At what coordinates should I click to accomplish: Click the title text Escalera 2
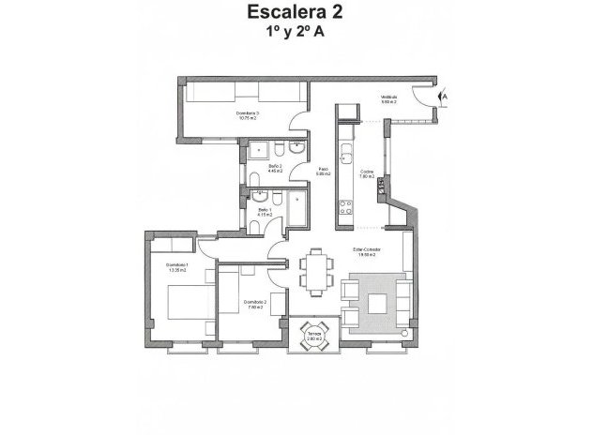point(296,13)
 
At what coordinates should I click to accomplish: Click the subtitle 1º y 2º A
point(296,34)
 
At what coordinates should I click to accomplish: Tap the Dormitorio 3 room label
point(249,117)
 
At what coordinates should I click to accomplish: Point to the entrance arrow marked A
point(445,96)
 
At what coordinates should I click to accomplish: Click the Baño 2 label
point(275,169)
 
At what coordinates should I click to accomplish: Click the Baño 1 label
point(265,211)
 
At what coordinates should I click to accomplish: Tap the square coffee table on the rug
point(379,302)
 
